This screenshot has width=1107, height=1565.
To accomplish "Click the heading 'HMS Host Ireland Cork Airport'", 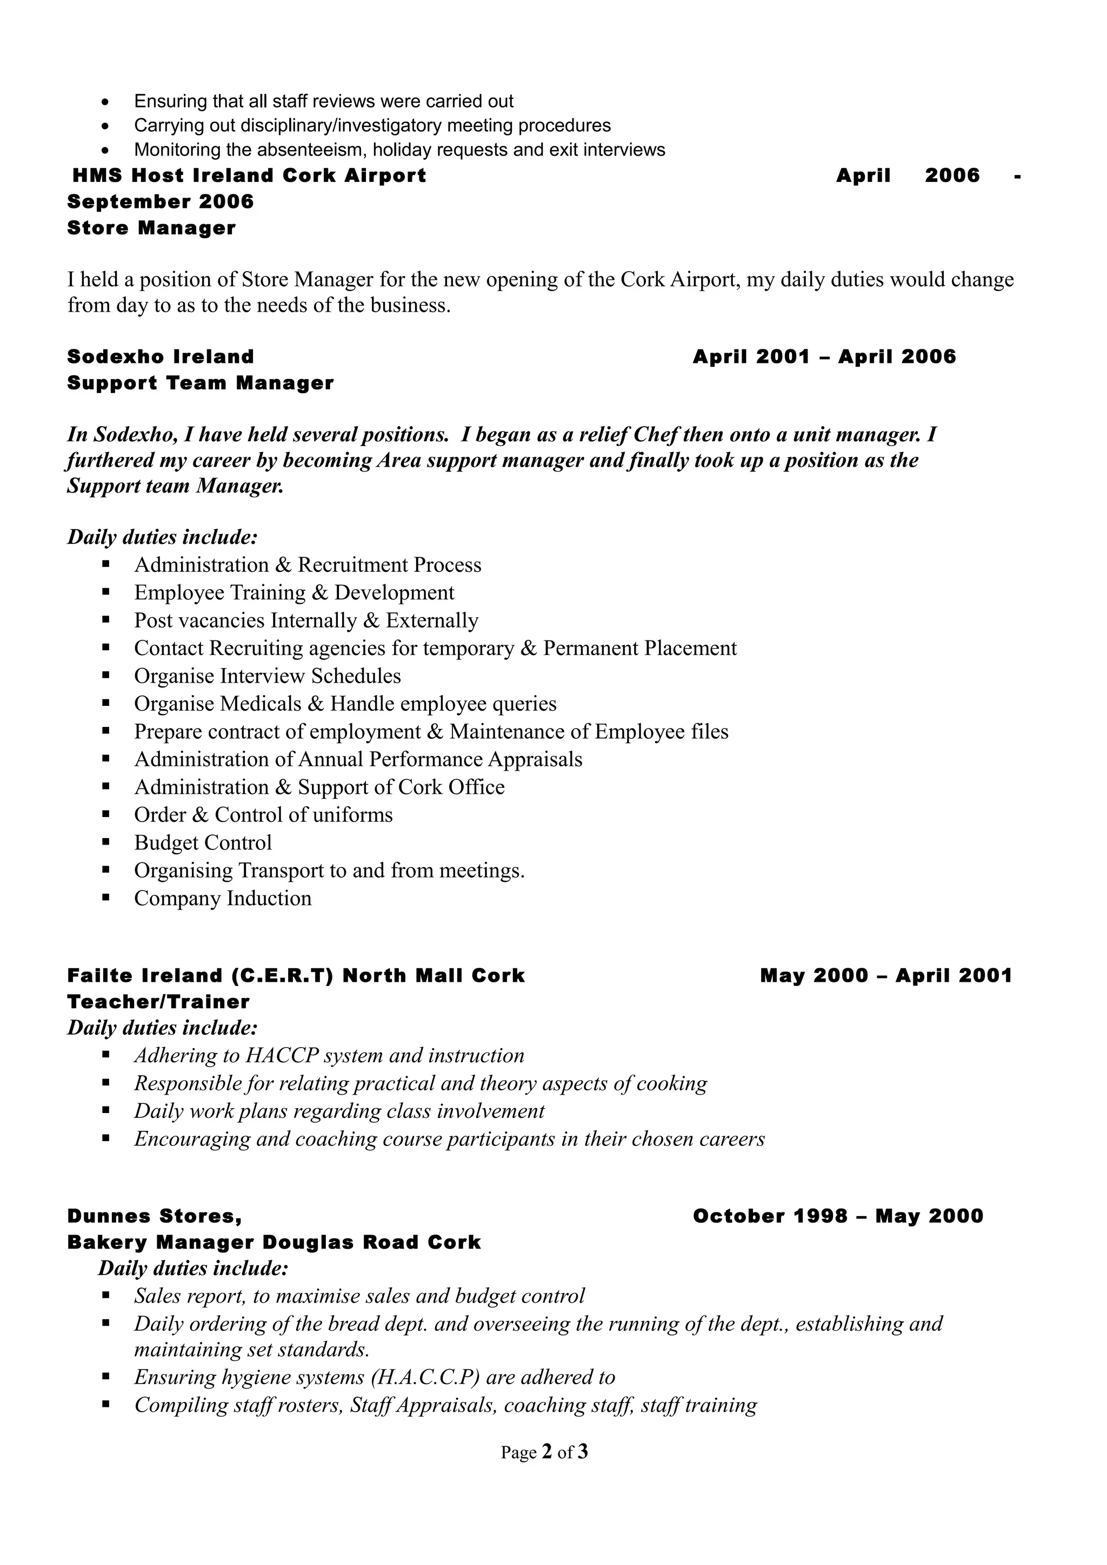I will click(x=249, y=176).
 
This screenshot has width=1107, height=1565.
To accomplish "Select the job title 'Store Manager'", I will click(x=151, y=228).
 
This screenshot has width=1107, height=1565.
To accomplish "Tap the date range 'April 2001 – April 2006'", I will click(x=824, y=356).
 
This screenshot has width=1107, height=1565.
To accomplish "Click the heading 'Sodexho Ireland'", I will click(x=161, y=356).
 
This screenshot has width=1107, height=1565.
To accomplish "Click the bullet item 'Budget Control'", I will click(x=203, y=843).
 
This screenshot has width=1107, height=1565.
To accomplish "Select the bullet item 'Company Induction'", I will click(x=222, y=899).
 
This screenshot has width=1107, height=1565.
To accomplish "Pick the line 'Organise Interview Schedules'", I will click(x=268, y=676).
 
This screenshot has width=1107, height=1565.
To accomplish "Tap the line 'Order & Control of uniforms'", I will click(x=263, y=815).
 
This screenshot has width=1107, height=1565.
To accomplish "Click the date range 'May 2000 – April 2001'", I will click(x=885, y=975).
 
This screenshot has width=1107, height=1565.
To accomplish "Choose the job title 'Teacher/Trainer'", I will click(x=158, y=1002).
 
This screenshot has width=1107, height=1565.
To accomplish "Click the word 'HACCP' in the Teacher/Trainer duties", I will click(x=282, y=1056).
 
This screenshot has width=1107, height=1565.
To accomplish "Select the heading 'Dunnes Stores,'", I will click(x=154, y=1216).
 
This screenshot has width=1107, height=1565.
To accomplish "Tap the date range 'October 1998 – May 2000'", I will click(x=838, y=1216).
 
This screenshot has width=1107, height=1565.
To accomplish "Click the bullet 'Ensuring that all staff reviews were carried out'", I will click(x=323, y=102).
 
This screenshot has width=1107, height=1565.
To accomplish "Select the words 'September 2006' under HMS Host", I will click(x=161, y=202).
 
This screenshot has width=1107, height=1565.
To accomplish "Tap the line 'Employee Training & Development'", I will click(x=294, y=593).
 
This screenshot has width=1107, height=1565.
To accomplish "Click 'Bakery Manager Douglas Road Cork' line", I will click(x=274, y=1243).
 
